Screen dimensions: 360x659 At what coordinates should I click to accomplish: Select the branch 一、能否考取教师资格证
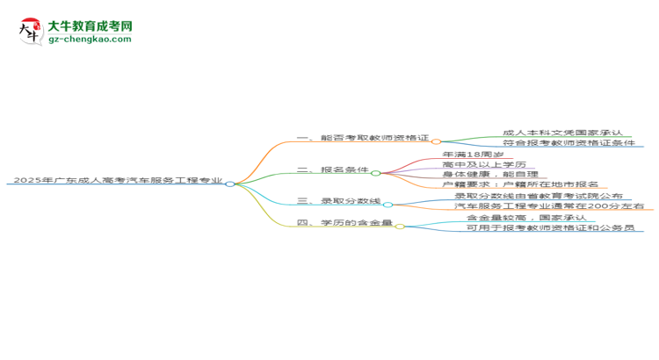(x=363, y=140)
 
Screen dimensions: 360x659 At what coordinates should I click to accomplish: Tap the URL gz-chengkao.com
(x=90, y=40)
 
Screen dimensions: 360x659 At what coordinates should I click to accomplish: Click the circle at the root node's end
(x=230, y=184)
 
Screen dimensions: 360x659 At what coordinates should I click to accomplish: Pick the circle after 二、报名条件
(x=376, y=173)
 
